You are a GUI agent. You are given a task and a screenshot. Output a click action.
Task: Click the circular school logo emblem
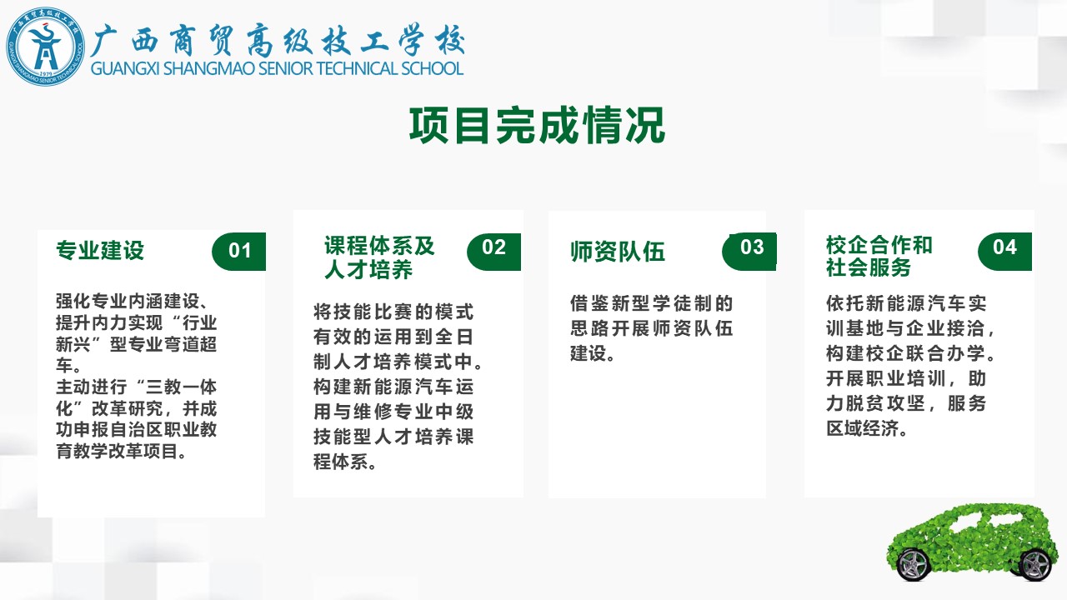point(46,47)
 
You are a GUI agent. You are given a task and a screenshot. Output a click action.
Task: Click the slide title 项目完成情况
point(538,125)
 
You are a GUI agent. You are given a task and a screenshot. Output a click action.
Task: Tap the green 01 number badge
point(238,252)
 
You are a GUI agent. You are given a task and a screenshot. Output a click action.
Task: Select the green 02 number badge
point(493,252)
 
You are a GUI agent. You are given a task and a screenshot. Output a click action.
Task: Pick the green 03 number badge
point(749,252)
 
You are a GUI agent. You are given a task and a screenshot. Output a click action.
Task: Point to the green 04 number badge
point(1004,252)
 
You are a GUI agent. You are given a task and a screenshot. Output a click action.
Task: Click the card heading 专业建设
point(100,251)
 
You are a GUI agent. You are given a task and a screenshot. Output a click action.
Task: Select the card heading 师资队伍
point(618,252)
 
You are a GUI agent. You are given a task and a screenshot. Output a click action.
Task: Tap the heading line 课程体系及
point(379,246)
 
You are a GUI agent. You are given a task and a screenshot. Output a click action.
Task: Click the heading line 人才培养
point(368,270)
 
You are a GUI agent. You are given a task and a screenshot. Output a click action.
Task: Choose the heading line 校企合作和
point(879,245)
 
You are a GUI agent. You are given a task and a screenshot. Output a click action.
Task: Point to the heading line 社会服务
point(869,267)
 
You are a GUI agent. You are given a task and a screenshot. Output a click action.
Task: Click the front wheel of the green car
point(913,565)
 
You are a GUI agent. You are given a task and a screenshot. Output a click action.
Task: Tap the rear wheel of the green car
point(1035,565)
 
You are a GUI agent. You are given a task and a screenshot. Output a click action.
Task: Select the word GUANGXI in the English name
point(125,68)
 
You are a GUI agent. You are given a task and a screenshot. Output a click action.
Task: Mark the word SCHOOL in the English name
point(432,68)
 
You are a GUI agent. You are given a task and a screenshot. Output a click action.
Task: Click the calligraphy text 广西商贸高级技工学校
point(278,40)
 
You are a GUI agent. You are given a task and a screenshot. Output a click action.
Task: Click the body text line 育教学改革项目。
point(122,452)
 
